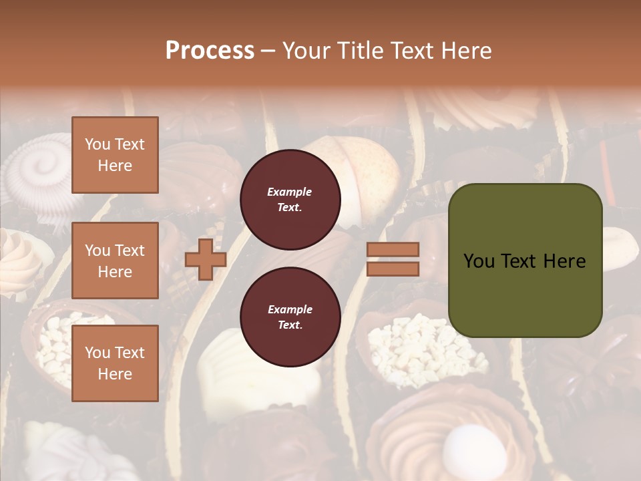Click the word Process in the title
click(x=210, y=51)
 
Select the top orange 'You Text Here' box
click(x=115, y=155)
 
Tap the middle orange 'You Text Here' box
click(x=115, y=261)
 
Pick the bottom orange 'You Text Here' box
click(x=115, y=363)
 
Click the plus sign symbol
click(x=206, y=259)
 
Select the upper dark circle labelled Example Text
click(x=290, y=200)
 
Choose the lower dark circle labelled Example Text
click(x=290, y=317)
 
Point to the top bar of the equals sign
click(x=393, y=250)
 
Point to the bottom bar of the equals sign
click(x=393, y=269)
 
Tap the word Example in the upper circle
click(x=290, y=192)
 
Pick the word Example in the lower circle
click(x=290, y=309)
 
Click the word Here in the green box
click(x=564, y=261)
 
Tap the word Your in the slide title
click(x=308, y=51)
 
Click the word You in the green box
click(x=479, y=261)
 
